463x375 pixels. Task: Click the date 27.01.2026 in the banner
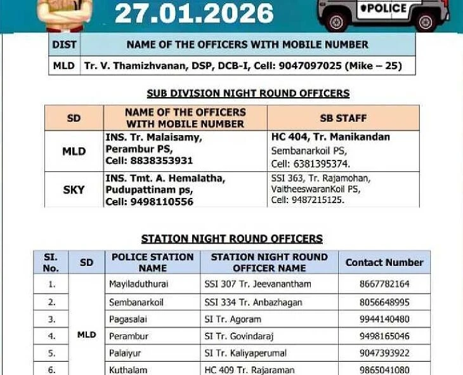194,13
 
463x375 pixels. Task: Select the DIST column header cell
64,44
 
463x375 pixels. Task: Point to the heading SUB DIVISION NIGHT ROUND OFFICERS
248,93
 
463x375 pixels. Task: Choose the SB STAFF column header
343,118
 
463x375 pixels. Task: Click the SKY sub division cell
74,190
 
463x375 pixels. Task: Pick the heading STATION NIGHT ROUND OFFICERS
231,239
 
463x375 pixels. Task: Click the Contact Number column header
384,262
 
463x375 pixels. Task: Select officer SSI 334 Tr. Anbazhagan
253,302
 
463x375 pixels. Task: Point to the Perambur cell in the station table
128,336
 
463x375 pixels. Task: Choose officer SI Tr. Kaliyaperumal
245,353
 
